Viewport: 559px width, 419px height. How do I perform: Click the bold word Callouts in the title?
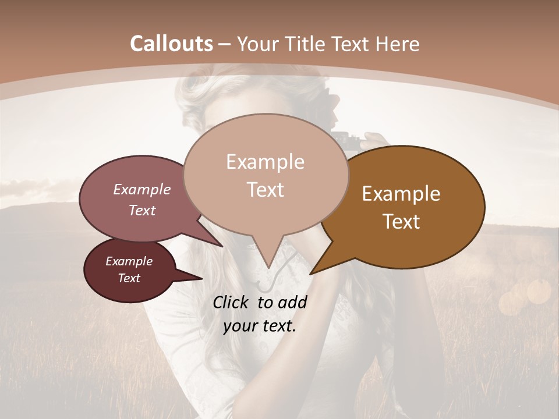tap(171, 44)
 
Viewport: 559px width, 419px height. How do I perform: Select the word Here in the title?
tap(395, 44)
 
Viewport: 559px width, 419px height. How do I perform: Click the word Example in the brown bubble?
tap(401, 194)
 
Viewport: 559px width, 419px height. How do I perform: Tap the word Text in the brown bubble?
tap(401, 222)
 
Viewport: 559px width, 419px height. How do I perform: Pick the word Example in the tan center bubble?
tap(265, 162)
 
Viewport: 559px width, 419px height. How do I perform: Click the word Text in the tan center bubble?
tap(265, 190)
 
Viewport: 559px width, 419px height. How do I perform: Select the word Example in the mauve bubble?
tap(141, 189)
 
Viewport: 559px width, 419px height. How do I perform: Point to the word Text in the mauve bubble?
tap(141, 210)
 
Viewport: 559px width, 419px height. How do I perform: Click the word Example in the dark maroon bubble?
tap(129, 261)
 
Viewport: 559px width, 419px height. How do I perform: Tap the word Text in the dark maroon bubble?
tap(129, 278)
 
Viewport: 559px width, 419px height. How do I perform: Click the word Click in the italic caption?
tap(232, 302)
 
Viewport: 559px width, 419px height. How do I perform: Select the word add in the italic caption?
tap(292, 302)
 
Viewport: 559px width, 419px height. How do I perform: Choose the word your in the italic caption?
tap(239, 326)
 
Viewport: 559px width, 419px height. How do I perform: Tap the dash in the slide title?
tap(225, 44)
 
